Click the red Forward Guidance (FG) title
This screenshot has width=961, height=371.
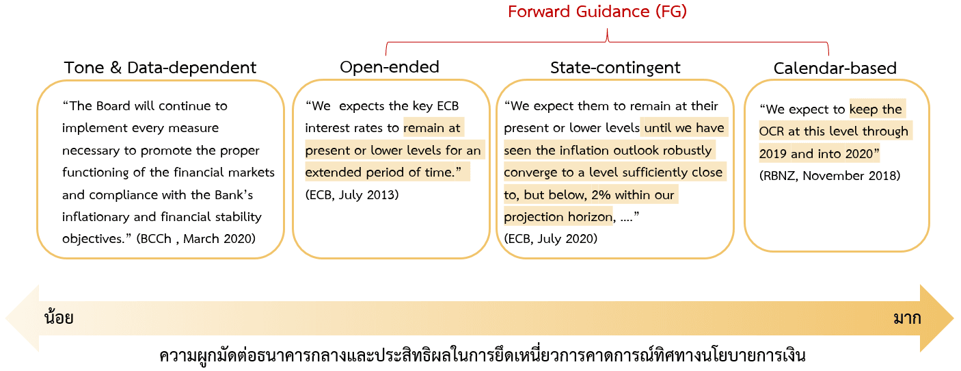[597, 12]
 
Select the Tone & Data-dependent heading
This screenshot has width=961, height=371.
[160, 68]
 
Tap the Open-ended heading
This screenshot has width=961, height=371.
[390, 68]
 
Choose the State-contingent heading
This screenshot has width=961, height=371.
[615, 68]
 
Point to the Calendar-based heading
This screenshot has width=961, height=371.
[835, 68]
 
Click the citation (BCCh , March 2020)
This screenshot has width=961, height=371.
[195, 239]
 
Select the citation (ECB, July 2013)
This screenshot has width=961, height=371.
[352, 195]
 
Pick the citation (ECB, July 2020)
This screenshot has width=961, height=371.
[550, 239]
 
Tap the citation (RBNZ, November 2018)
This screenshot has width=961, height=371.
[830, 176]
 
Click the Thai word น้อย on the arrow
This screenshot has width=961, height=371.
[59, 317]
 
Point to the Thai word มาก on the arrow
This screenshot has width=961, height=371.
[907, 318]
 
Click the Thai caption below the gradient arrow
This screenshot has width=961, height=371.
[483, 356]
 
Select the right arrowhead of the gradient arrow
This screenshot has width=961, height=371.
[937, 318]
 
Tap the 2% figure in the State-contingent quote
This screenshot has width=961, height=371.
[601, 195]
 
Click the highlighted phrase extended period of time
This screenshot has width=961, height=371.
[379, 172]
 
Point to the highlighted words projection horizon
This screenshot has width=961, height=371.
[558, 217]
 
